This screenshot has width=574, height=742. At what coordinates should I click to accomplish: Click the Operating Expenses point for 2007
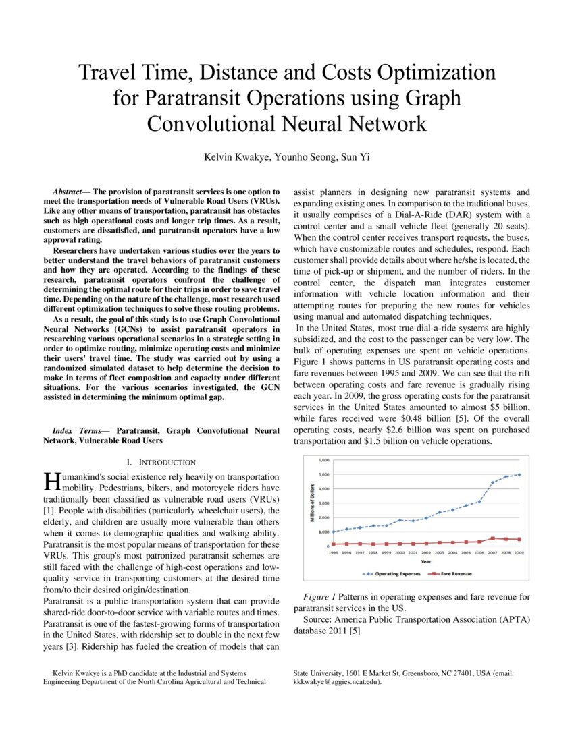click(x=492, y=482)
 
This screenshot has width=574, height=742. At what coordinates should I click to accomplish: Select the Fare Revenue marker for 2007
click(x=492, y=538)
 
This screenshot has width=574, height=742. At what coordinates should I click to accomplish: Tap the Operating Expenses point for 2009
click(x=519, y=474)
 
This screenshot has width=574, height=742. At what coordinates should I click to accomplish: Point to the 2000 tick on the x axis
click(x=400, y=553)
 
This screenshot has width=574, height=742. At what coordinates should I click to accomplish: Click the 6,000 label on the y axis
click(x=324, y=460)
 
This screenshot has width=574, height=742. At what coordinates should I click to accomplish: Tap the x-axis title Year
click(x=426, y=562)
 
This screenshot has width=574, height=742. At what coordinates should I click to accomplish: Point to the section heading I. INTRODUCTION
click(x=161, y=462)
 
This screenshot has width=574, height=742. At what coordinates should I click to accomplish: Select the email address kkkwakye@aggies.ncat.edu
click(x=336, y=682)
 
